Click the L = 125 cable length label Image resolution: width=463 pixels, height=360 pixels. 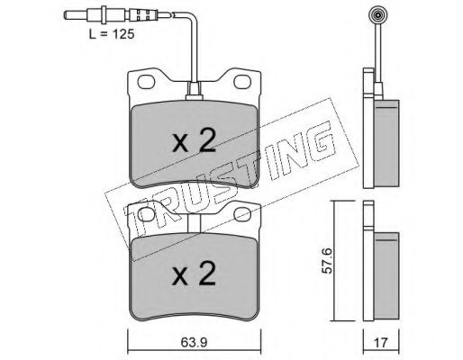pyautogui.click(x=112, y=34)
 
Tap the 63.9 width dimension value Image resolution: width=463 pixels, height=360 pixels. pyautogui.click(x=195, y=342)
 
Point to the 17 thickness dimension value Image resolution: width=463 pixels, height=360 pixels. pyautogui.click(x=381, y=342)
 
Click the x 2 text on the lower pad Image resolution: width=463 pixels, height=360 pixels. pyautogui.click(x=194, y=273)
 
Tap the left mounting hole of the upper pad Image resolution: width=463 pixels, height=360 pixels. pyautogui.click(x=146, y=82)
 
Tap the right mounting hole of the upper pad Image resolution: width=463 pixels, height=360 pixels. pyautogui.click(x=242, y=82)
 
